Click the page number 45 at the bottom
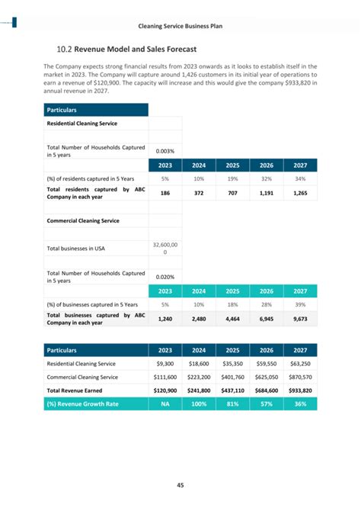click(180, 484)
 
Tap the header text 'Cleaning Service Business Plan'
click(180, 27)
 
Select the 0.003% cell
click(165, 151)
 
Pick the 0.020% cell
click(165, 278)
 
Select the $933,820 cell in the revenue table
click(300, 390)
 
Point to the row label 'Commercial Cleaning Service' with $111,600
click(83, 377)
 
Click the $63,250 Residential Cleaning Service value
click(300, 364)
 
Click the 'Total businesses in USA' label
click(76, 248)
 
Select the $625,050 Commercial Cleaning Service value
click(267, 377)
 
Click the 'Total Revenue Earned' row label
click(78, 390)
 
